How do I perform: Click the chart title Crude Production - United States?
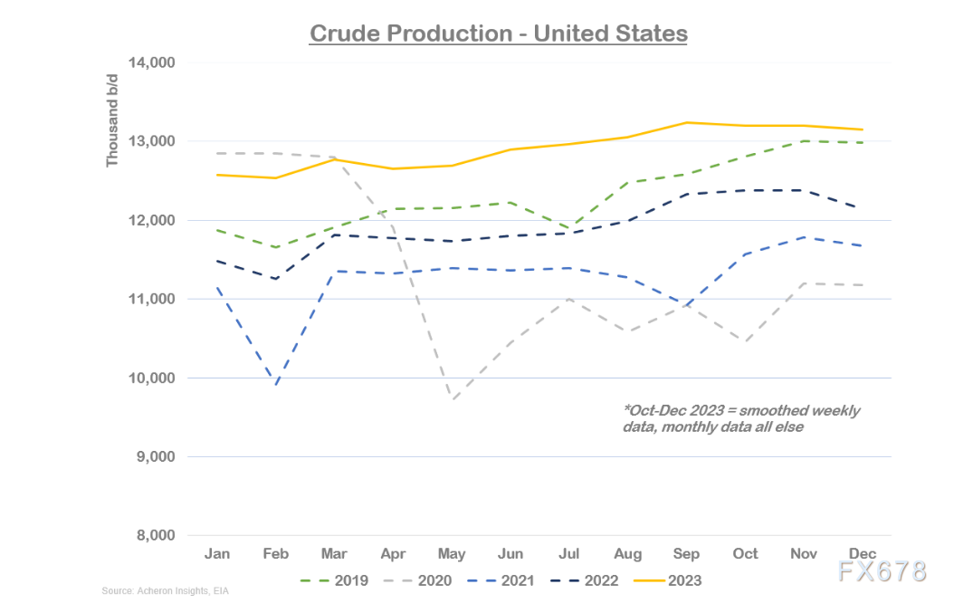(498, 33)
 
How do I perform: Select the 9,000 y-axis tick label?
(155, 457)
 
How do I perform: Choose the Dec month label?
(861, 553)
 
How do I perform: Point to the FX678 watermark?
(881, 572)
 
